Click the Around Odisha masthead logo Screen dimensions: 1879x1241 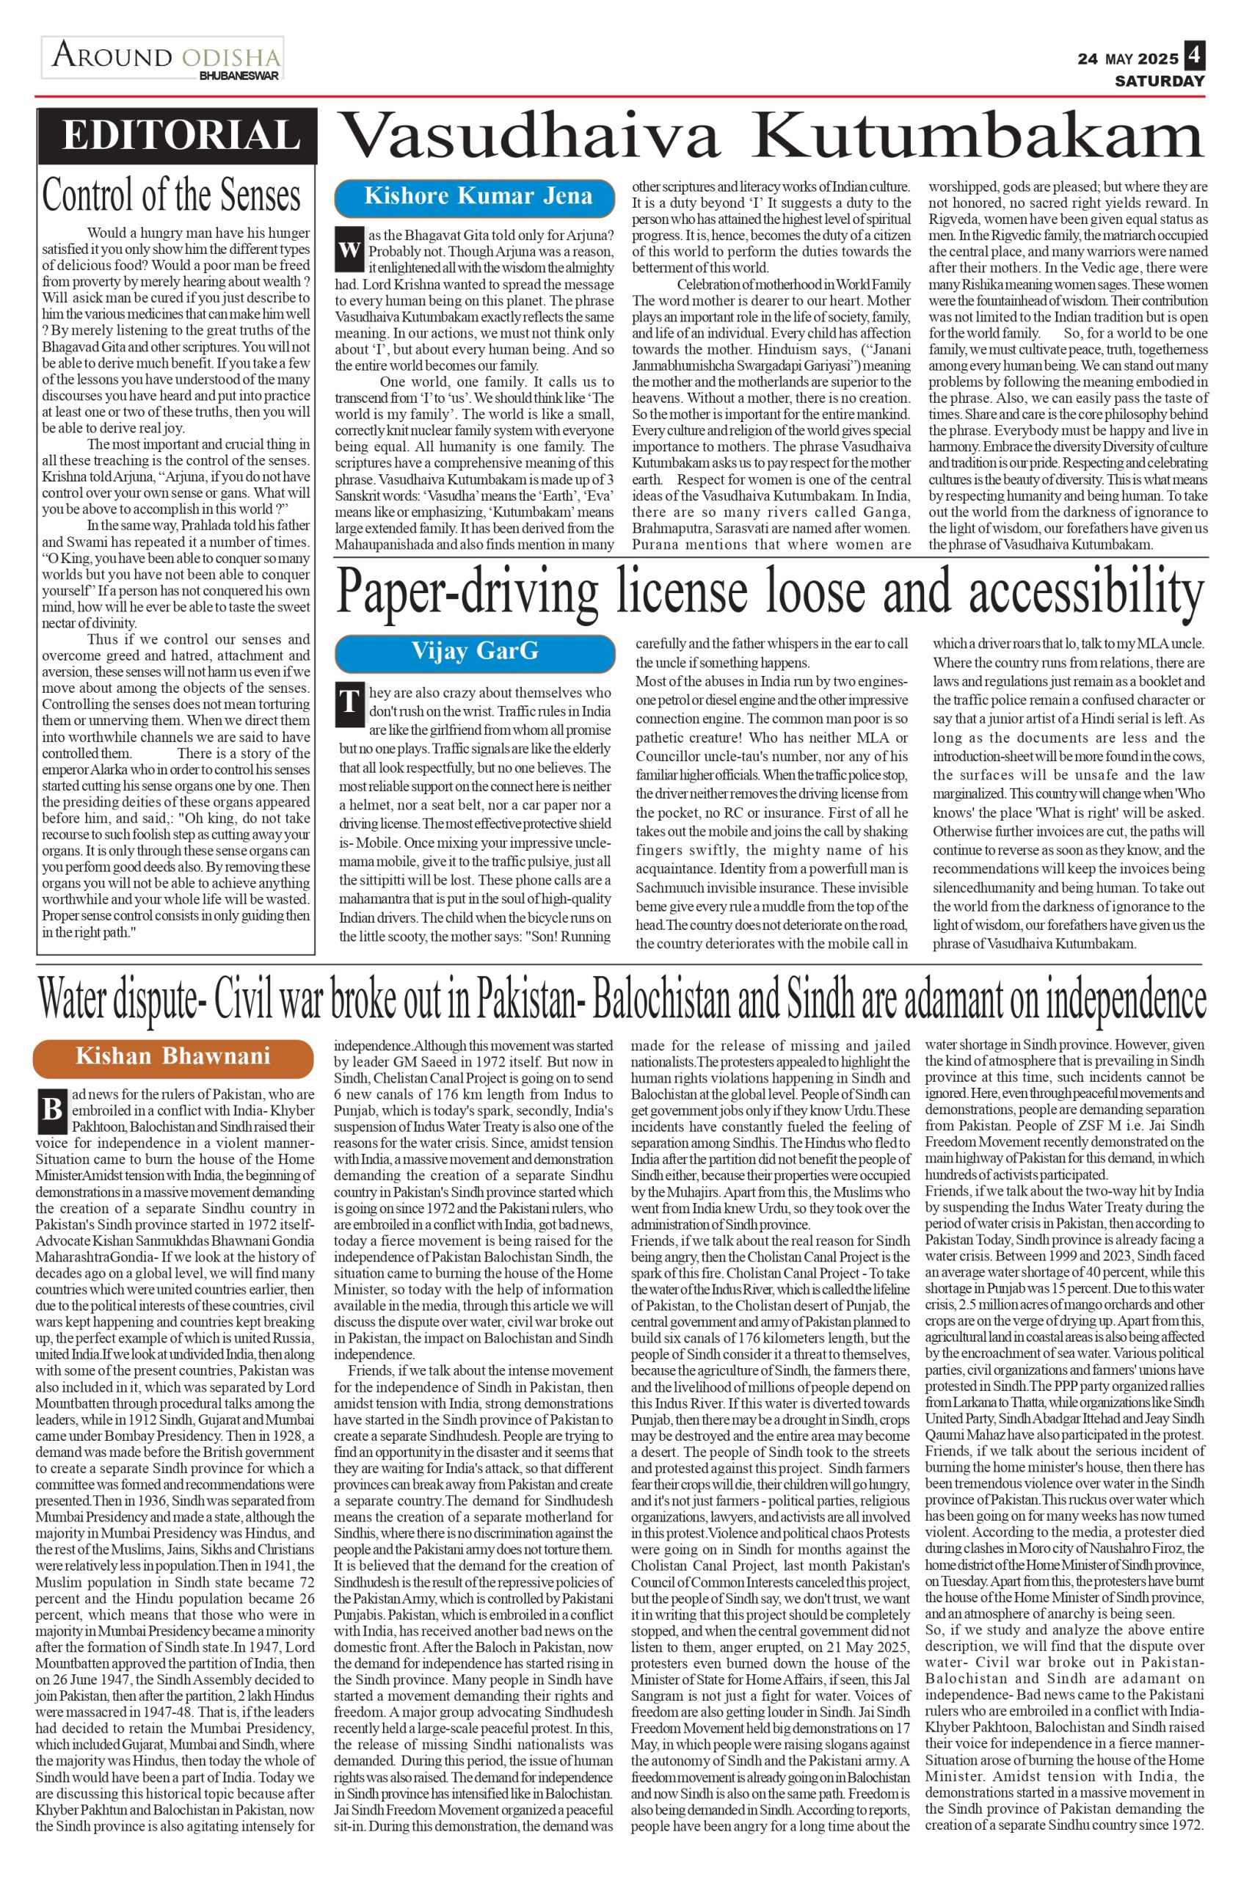click(164, 57)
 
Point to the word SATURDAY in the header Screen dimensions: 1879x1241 click(1160, 81)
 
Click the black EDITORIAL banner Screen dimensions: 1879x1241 click(178, 135)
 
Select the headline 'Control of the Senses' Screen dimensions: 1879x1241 click(172, 195)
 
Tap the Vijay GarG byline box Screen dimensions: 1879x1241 click(475, 651)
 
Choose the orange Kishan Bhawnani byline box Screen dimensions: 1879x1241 click(172, 1057)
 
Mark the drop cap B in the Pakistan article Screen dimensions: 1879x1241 click(51, 1109)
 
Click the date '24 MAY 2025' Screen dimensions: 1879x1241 click(1127, 59)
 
